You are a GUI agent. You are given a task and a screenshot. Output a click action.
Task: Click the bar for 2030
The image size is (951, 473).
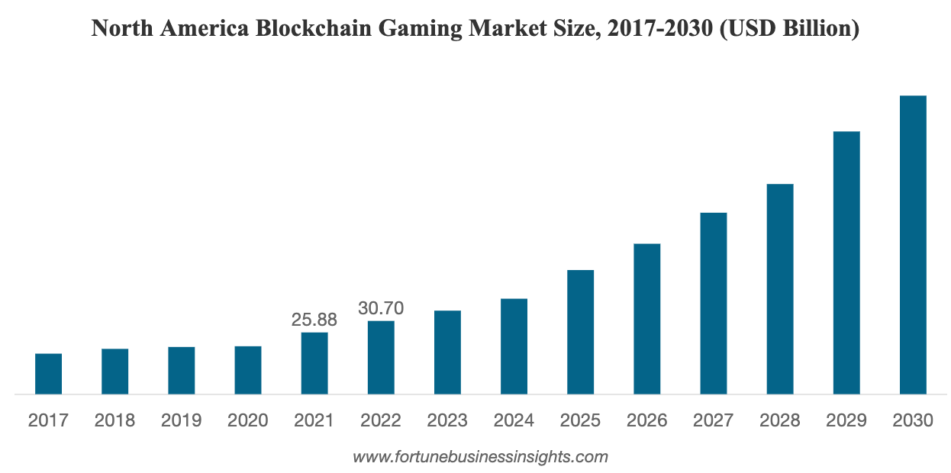[913, 245]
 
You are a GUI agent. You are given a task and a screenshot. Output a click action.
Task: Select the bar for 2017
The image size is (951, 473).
[48, 374]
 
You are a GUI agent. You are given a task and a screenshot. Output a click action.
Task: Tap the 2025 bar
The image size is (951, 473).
[581, 332]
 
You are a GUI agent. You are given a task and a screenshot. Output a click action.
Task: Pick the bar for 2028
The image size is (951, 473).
[780, 289]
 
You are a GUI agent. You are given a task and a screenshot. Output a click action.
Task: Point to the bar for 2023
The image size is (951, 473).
[447, 352]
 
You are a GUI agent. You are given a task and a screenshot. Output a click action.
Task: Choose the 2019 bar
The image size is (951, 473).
[182, 370]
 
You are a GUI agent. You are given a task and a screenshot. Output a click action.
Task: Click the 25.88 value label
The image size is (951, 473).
[314, 320]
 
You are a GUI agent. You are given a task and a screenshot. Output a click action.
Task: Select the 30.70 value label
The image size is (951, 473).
[381, 309]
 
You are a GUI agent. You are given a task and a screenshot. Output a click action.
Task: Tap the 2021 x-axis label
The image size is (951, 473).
[314, 420]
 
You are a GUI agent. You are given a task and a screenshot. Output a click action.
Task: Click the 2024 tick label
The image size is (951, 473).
[514, 420]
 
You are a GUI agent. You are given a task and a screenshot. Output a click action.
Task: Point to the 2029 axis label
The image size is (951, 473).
[846, 420]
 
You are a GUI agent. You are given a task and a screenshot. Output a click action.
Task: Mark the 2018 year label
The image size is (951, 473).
[115, 420]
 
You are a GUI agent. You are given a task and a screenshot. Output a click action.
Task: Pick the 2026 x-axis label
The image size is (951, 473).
[647, 420]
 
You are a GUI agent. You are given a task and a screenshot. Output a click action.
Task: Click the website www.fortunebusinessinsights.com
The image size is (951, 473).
[480, 458]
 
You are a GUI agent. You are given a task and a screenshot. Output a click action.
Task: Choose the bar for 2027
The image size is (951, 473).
[714, 303]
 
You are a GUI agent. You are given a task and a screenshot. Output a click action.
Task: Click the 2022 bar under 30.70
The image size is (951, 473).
[381, 357]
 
